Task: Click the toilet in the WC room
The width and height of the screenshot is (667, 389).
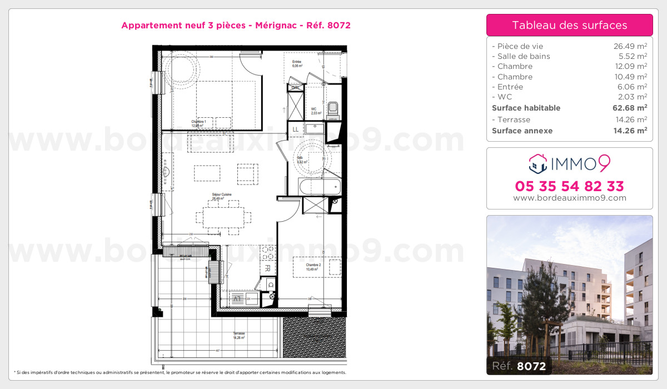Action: [x=333, y=109]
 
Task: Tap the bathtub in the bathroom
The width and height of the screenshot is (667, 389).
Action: [x=319, y=186]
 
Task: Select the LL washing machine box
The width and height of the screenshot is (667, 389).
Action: [x=295, y=130]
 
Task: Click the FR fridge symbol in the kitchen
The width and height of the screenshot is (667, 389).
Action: [x=267, y=268]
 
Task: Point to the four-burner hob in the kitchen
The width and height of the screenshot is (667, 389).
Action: [x=267, y=253]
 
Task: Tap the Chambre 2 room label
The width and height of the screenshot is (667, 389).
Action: [x=313, y=267]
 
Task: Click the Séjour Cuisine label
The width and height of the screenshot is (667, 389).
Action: [x=217, y=196]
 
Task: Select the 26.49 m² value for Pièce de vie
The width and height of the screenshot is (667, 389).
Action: [x=630, y=46]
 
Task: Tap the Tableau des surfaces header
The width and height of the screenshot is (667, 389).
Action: [x=569, y=25]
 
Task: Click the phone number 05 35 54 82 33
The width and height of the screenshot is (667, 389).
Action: [x=569, y=186]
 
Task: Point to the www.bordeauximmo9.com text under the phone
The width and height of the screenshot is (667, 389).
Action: [x=569, y=198]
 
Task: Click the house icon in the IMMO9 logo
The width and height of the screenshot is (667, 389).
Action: [x=536, y=163]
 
